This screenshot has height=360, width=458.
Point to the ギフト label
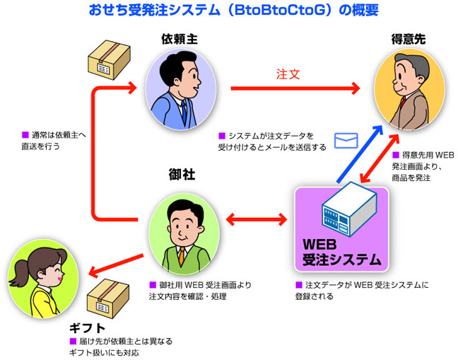click(88, 328)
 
